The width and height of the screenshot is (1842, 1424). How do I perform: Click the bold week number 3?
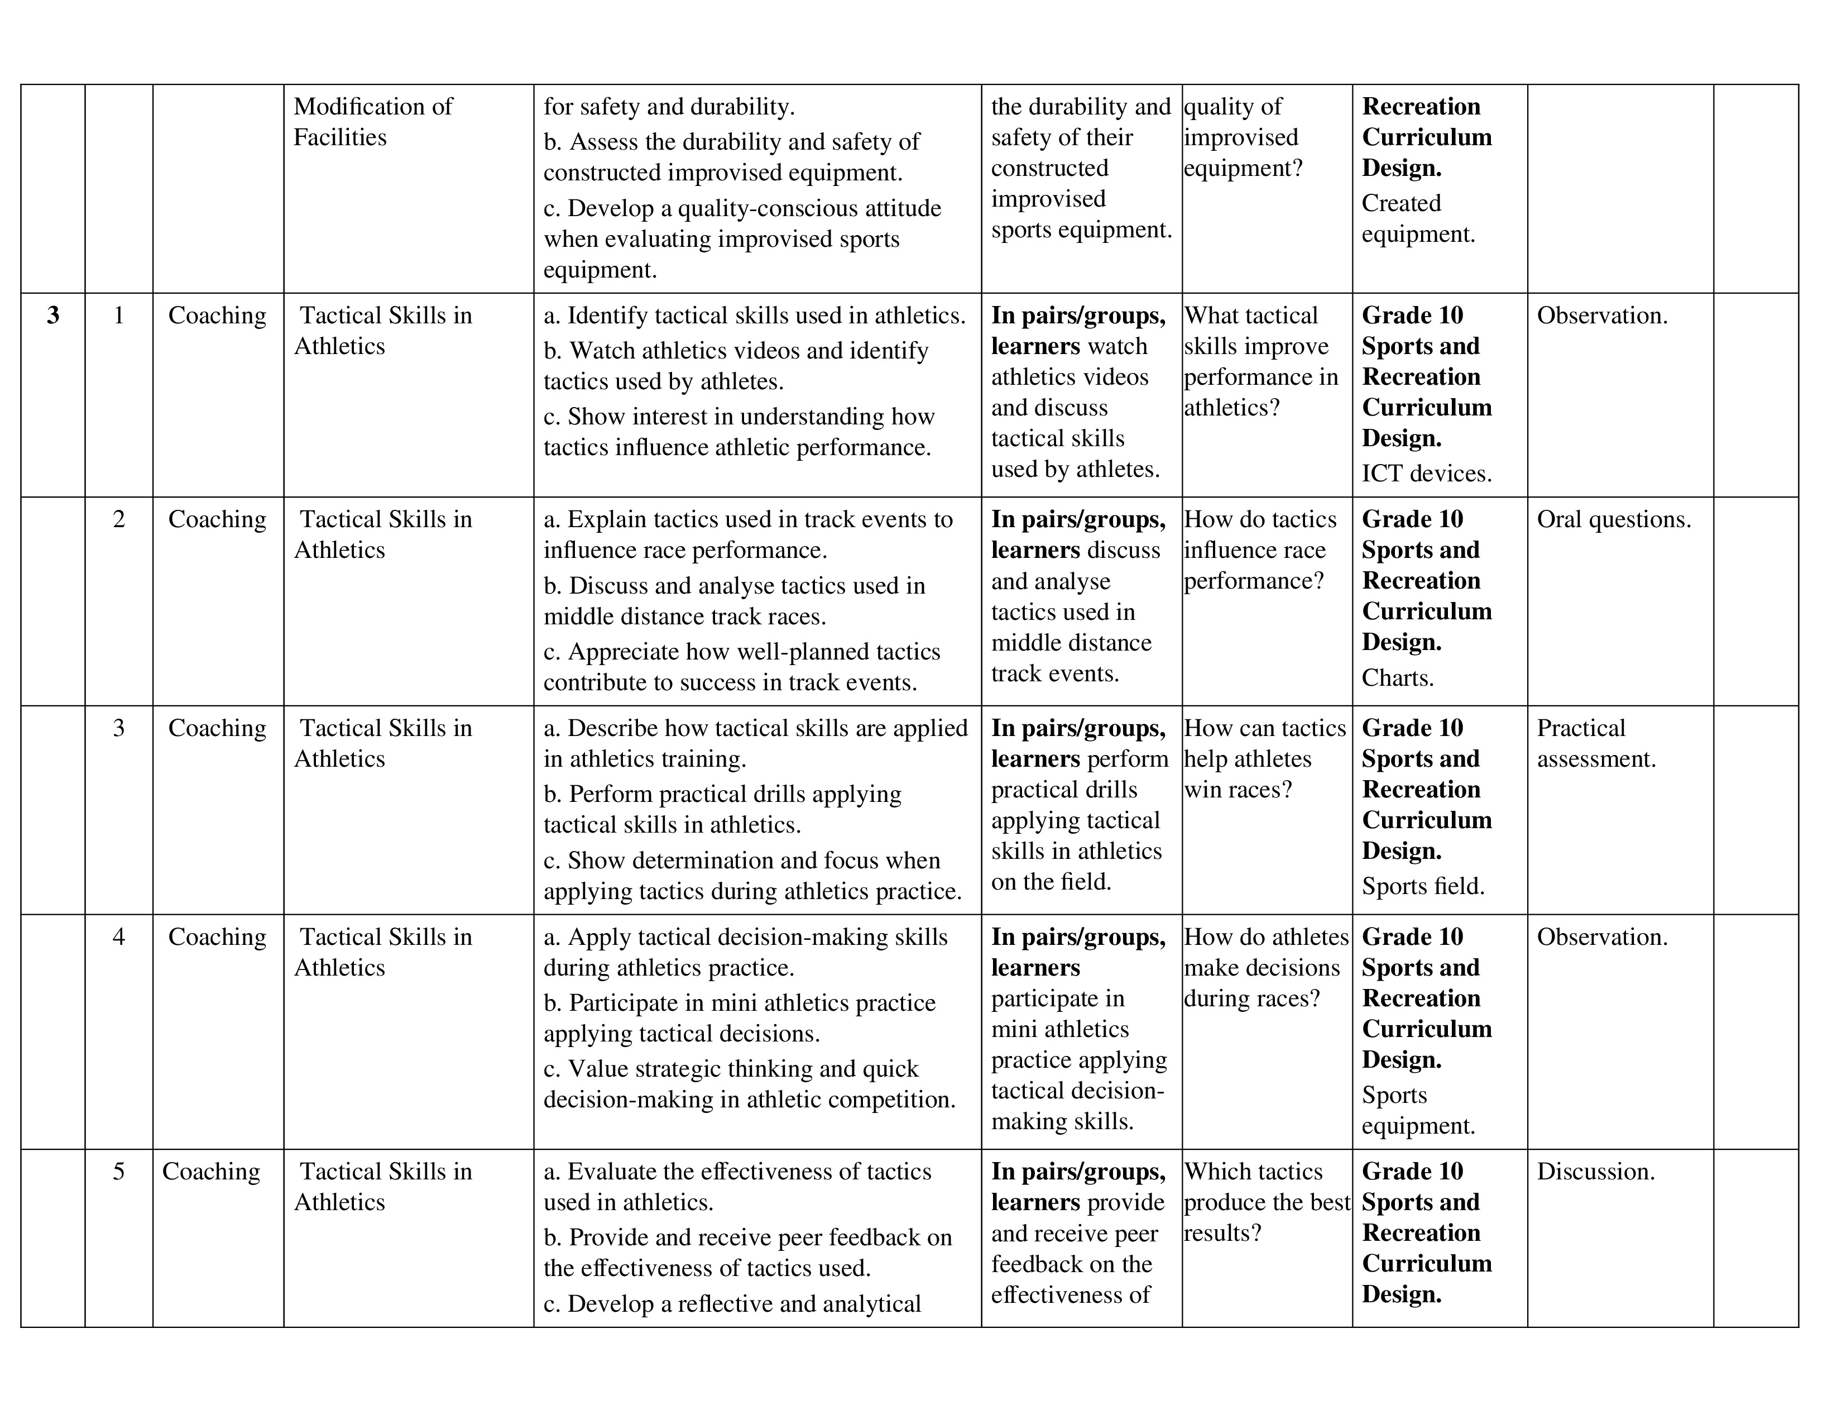(x=53, y=316)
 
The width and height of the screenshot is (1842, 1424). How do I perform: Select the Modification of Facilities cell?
(x=373, y=122)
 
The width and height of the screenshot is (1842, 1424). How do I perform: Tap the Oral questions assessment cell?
(x=1614, y=520)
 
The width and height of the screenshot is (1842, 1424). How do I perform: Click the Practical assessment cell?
(x=1596, y=743)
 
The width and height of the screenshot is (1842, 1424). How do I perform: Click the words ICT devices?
(x=1426, y=473)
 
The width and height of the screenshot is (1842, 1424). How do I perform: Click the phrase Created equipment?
(x=1418, y=218)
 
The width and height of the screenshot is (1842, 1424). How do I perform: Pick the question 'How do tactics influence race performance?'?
(x=1260, y=550)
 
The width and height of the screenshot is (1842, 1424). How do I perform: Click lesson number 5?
(x=119, y=1172)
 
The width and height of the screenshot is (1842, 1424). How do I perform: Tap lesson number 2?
(x=119, y=520)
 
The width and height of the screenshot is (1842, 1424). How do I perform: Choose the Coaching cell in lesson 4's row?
(x=217, y=937)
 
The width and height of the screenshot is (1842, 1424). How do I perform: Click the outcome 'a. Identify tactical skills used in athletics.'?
(x=754, y=316)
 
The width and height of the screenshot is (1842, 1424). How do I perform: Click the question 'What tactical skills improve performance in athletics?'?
(x=1260, y=361)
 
